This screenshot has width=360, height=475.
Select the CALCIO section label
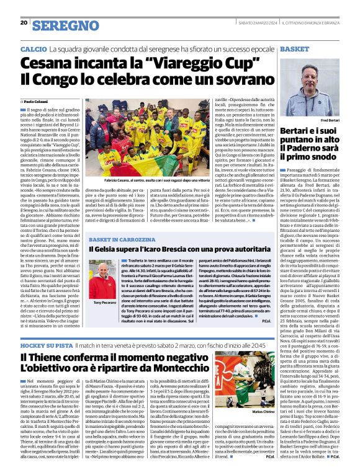34,48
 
